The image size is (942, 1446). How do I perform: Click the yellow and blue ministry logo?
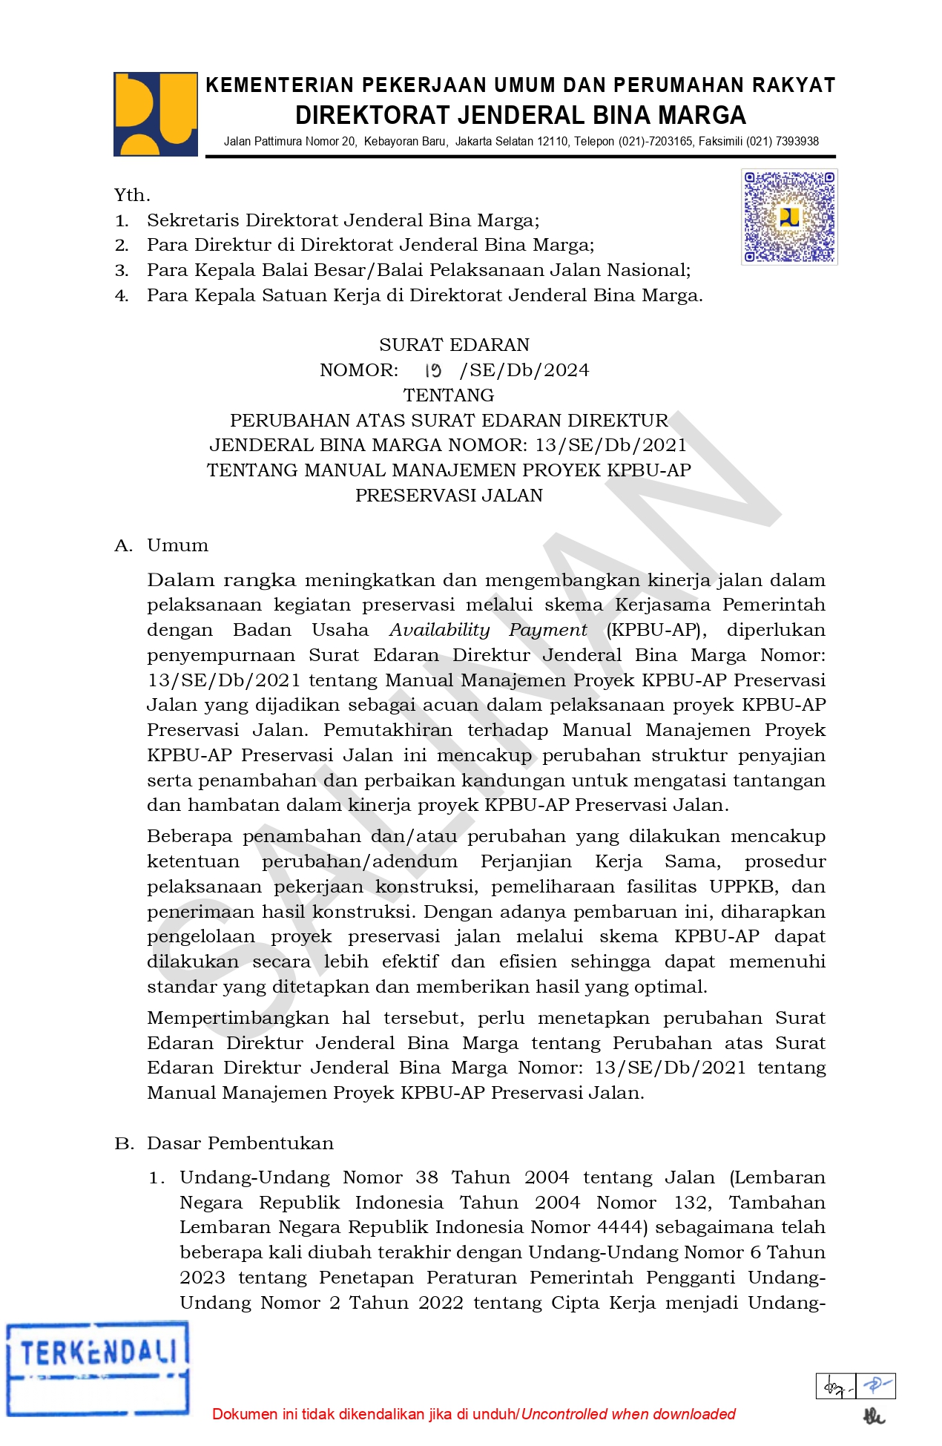pyautogui.click(x=155, y=114)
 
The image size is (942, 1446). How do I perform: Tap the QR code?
pyautogui.click(x=789, y=217)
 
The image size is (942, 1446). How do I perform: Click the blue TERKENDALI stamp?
pyautogui.click(x=97, y=1368)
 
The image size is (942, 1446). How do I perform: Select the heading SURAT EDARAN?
pyautogui.click(x=454, y=345)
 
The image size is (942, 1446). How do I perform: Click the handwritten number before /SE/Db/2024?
pyautogui.click(x=433, y=370)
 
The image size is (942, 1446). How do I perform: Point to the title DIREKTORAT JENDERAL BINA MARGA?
pyautogui.click(x=520, y=115)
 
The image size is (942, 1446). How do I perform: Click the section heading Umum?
pyautogui.click(x=177, y=545)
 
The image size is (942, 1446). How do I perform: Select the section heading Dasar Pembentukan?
pyautogui.click(x=240, y=1143)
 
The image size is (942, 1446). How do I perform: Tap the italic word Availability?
pyautogui.click(x=439, y=630)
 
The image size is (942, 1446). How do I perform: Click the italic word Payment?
pyautogui.click(x=547, y=630)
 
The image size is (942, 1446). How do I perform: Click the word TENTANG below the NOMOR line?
pyautogui.click(x=449, y=395)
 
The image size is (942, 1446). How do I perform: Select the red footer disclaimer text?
pyautogui.click(x=473, y=1414)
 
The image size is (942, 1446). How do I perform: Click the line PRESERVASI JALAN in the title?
pyautogui.click(x=449, y=496)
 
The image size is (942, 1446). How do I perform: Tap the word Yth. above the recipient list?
pyautogui.click(x=132, y=195)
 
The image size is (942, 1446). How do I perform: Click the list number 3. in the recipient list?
pyautogui.click(x=122, y=270)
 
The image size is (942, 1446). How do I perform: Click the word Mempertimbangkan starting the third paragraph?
pyautogui.click(x=237, y=1018)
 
